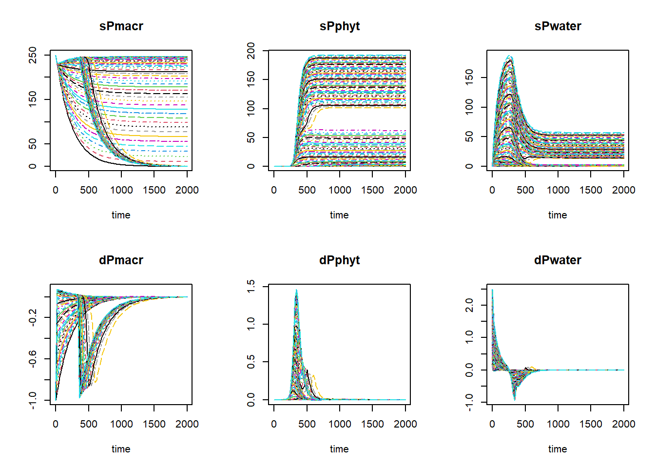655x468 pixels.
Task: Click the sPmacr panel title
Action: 121,26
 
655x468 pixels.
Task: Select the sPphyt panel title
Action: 339,26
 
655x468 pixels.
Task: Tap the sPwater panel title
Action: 558,26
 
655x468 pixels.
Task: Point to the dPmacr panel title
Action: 121,260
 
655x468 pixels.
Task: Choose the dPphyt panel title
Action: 339,260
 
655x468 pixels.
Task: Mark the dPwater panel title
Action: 558,260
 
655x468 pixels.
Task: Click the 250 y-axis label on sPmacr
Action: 32,55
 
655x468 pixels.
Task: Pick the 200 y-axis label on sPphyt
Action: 250,51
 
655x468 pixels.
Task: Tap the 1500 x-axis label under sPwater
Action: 591,190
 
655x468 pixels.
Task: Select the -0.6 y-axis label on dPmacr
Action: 32,359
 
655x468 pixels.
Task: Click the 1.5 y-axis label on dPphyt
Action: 250,286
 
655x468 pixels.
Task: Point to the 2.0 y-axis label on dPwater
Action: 469,305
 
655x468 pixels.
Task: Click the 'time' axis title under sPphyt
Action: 339,215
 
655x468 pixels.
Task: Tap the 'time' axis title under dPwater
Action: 558,449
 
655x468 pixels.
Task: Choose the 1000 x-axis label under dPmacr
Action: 121,424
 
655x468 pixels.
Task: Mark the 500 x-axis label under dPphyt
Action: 307,424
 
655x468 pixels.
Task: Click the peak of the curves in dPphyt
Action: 296,291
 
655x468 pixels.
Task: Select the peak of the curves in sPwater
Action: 509,56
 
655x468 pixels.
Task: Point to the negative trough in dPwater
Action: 514,399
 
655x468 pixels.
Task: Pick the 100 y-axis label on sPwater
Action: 469,107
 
